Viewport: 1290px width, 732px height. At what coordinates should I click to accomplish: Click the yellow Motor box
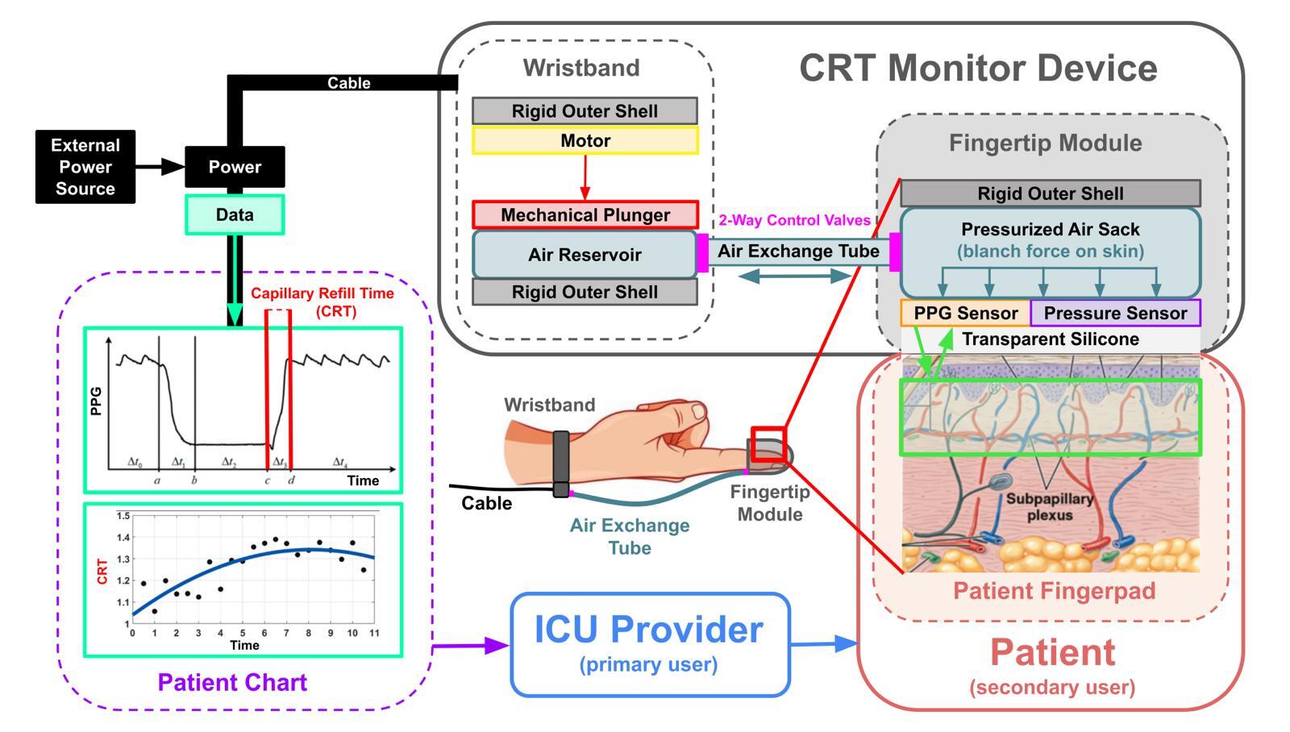point(585,141)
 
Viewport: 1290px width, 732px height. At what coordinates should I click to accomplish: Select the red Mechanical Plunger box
point(585,215)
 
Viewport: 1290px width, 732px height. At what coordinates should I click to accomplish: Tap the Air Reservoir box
point(585,255)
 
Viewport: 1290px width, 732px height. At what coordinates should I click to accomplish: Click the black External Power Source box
point(85,167)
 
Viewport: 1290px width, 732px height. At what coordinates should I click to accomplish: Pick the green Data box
point(235,215)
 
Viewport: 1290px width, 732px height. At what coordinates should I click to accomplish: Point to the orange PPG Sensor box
point(965,313)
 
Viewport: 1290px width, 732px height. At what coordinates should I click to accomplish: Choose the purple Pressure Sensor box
point(1115,313)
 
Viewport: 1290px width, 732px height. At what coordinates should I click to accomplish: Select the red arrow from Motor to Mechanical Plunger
point(585,177)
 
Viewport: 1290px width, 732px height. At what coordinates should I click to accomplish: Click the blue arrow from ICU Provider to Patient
point(823,643)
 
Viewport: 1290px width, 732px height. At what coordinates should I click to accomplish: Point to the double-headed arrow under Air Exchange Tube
point(795,276)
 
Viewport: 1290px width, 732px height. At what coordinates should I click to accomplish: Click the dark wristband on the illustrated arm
point(560,463)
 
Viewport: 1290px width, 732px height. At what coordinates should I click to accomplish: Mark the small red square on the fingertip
point(768,444)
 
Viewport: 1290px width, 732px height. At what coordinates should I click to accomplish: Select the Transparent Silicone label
point(1050,339)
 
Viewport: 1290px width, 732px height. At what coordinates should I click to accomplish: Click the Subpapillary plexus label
point(1049,506)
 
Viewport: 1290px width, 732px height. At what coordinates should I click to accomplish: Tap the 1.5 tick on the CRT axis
point(123,516)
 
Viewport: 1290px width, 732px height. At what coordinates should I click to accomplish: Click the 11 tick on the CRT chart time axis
point(374,634)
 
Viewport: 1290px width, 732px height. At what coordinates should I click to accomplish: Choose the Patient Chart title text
point(232,683)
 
